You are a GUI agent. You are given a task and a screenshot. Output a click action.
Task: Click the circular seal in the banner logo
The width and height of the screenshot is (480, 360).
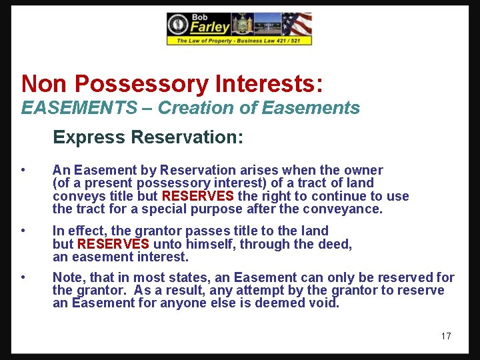178,25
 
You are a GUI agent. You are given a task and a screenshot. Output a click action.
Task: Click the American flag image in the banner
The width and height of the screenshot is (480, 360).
297,25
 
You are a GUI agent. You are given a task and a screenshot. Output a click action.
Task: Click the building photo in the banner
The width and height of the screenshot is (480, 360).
268,25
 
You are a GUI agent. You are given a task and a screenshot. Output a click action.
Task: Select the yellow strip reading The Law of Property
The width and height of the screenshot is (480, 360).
239,41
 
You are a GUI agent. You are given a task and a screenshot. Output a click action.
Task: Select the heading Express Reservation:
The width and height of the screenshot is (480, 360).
148,137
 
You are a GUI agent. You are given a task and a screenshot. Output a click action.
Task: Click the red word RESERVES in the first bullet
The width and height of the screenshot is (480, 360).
198,196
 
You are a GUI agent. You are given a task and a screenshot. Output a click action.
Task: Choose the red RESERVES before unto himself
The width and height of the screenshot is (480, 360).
113,244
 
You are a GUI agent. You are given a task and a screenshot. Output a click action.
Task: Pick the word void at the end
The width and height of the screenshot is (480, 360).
325,303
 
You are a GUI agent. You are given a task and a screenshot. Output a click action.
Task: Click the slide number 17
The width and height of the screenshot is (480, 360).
446,336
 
